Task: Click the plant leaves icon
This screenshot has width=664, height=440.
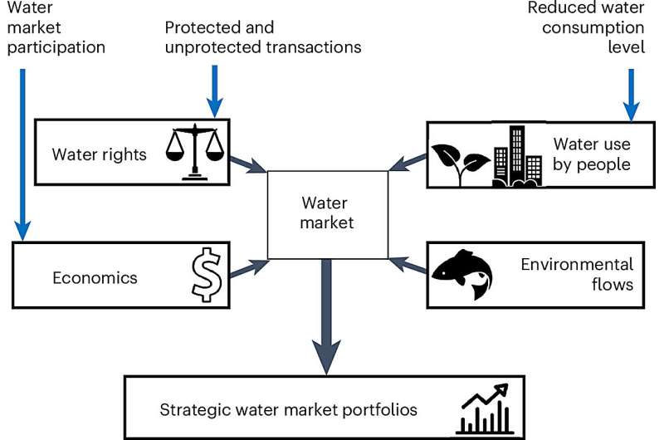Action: pos(457,153)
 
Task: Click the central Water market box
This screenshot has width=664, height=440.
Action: pos(328,213)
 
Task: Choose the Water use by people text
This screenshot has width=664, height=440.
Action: pos(591,154)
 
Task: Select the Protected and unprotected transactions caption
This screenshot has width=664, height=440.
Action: pos(263,37)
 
